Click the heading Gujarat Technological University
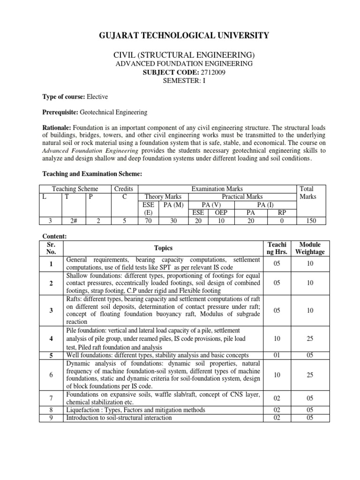pyautogui.click(x=180, y=35)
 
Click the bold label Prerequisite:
pyautogui.click(x=60, y=112)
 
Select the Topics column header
pyautogui.click(x=163, y=248)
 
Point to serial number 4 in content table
pyautogui.click(x=50, y=338)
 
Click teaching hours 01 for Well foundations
pyautogui.click(x=277, y=355)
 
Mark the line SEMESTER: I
pyautogui.click(x=180, y=80)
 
